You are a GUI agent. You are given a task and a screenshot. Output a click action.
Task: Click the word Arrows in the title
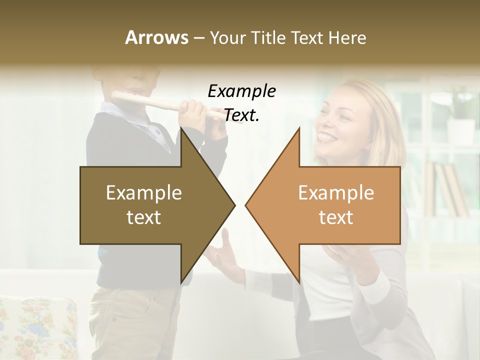(x=156, y=37)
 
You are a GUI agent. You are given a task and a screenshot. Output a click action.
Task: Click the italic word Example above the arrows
(x=241, y=91)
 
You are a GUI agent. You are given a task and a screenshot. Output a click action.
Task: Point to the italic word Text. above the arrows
(x=241, y=115)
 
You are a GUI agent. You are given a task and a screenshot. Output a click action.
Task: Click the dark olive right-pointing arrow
(x=150, y=205)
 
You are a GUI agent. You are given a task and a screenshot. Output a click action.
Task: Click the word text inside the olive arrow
(x=143, y=217)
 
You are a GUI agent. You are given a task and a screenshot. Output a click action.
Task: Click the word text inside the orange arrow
(x=336, y=217)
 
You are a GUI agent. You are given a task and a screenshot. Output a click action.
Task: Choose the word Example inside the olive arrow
(x=143, y=193)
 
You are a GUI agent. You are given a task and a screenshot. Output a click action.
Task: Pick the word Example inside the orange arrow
(x=336, y=193)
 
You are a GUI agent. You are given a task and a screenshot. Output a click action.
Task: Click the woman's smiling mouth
(x=328, y=136)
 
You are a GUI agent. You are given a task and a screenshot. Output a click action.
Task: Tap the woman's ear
(x=365, y=145)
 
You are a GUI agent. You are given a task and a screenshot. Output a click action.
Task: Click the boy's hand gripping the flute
(x=192, y=112)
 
